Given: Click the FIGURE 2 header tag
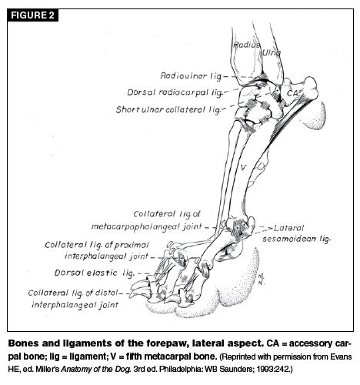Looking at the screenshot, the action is click(32, 15).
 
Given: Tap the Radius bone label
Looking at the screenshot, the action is click(246, 45).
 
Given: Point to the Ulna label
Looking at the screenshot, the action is click(272, 52).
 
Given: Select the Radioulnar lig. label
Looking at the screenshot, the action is click(191, 76).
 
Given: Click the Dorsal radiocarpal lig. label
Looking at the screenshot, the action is click(175, 92).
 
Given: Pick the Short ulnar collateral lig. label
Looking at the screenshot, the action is click(168, 109).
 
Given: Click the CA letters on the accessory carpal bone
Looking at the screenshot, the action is click(292, 93).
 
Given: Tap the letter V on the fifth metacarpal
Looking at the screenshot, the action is click(243, 168).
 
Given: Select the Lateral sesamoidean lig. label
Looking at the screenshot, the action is click(296, 233).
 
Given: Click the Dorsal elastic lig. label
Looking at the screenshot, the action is click(94, 273).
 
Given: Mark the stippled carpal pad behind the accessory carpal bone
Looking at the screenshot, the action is click(313, 116).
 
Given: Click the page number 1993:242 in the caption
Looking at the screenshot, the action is click(275, 370).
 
